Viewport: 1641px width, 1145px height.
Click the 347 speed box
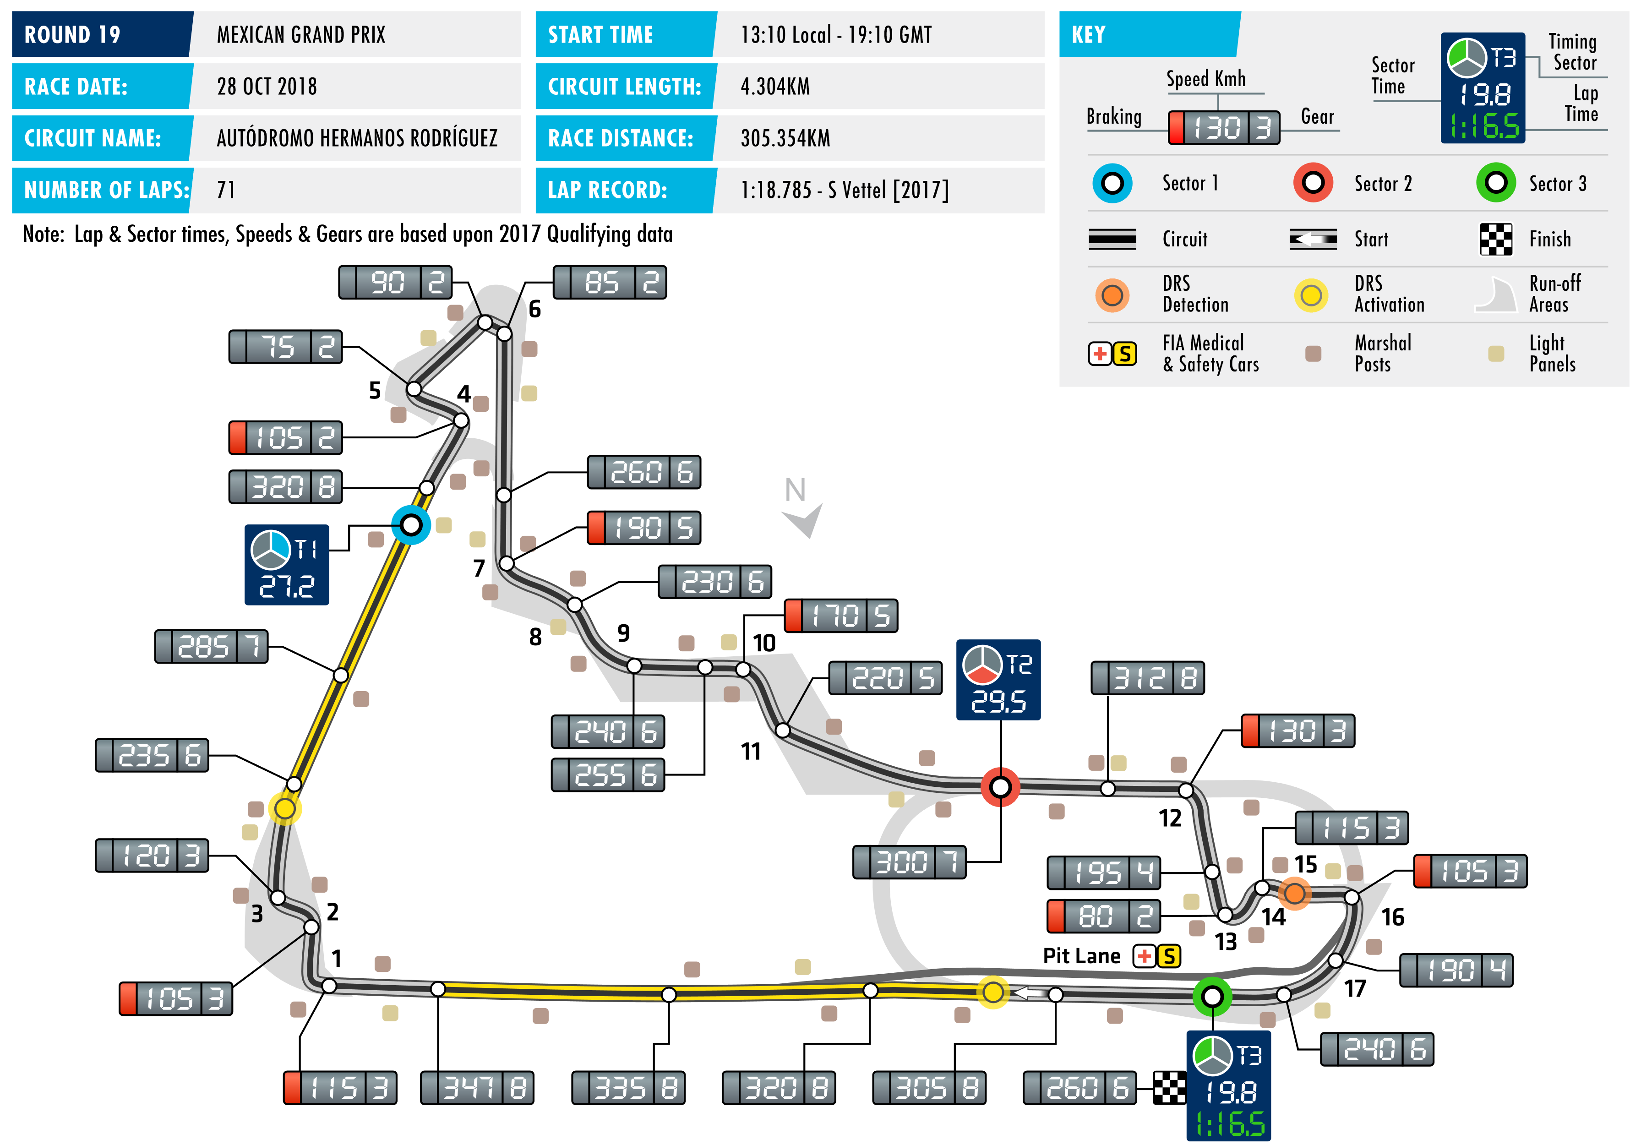[477, 1087]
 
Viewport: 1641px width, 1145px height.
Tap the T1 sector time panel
[287, 565]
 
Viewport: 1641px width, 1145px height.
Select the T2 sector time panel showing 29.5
[998, 679]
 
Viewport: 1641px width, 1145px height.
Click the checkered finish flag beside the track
[1169, 1087]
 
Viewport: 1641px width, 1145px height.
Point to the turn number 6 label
[534, 310]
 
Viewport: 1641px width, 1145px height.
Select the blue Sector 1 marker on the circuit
[411, 525]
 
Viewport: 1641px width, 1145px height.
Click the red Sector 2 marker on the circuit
[1000, 787]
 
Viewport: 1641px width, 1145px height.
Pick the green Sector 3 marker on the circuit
[1212, 996]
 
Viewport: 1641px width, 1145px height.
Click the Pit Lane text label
[1081, 955]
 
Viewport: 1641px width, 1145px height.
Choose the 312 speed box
[1147, 677]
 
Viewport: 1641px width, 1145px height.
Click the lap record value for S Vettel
[844, 190]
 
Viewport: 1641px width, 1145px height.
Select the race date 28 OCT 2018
[267, 87]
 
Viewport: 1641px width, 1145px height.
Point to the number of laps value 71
[226, 190]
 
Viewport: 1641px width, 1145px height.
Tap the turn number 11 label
[751, 751]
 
